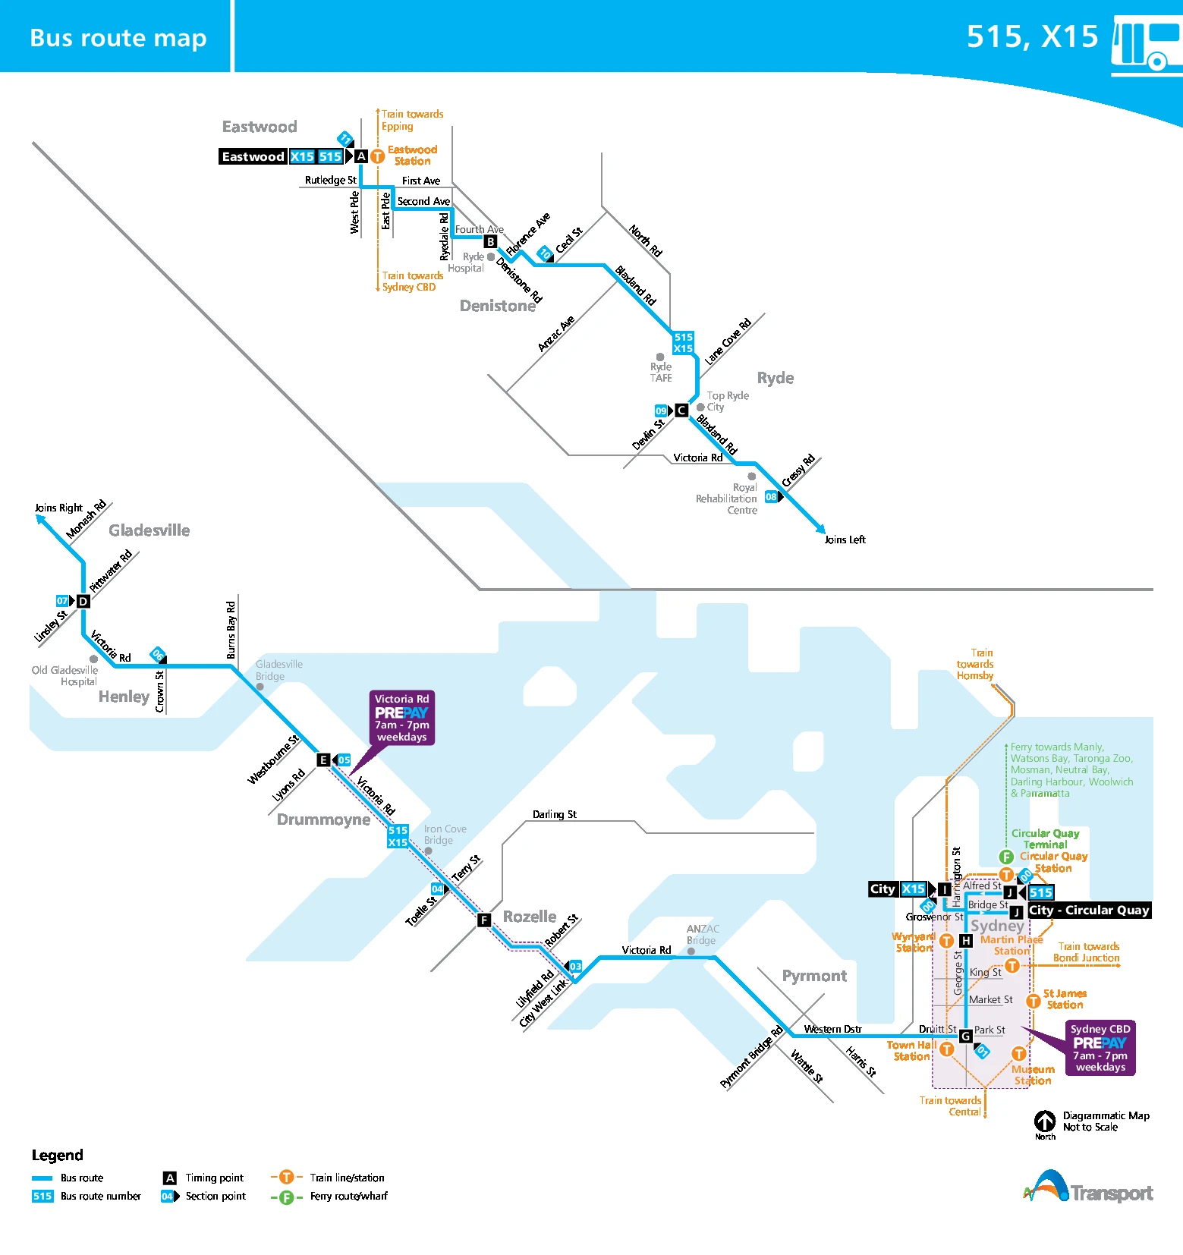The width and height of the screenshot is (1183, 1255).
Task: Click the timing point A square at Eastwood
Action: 361,156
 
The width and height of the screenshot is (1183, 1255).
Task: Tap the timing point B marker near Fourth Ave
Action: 490,242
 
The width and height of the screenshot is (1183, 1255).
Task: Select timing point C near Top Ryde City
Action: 681,410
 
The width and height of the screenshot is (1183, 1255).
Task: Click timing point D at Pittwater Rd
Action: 83,601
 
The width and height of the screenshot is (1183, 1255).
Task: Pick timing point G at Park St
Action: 965,1036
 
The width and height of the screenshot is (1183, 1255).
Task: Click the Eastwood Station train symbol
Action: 377,156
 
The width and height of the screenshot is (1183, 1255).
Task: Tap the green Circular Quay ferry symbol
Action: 1006,857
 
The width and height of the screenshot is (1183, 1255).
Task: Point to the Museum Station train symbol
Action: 1018,1053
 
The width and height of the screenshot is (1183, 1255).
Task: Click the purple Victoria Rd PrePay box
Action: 401,718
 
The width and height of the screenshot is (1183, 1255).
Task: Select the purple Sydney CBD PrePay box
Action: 1100,1048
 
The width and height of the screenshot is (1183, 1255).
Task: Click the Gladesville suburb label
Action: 149,530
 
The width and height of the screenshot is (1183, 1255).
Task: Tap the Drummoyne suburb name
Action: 323,819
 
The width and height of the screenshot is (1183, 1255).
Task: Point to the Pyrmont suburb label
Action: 814,976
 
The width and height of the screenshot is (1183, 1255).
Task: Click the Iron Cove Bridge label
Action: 445,835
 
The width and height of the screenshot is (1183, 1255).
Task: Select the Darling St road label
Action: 554,814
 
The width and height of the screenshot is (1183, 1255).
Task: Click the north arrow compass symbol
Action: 1045,1121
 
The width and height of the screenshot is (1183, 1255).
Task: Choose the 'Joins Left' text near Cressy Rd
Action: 845,539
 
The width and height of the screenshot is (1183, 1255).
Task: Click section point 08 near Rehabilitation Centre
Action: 772,497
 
